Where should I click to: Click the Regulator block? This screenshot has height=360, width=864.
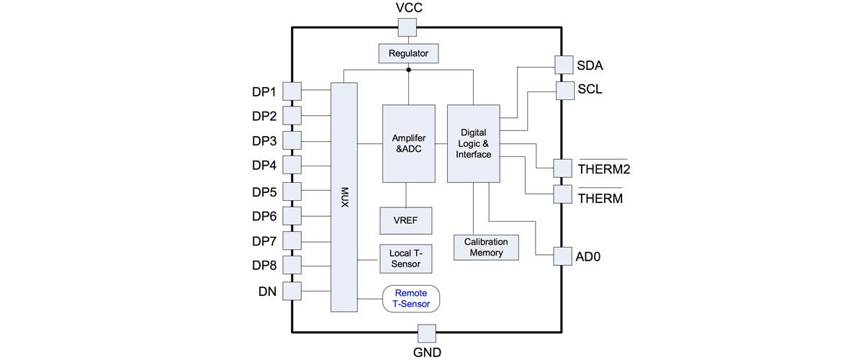408,53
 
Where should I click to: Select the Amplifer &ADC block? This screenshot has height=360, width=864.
409,143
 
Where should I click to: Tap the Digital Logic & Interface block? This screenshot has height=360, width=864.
474,143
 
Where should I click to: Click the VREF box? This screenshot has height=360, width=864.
406,221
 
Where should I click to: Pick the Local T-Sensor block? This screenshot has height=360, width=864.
406,258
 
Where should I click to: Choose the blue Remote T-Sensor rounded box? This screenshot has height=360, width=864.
411,299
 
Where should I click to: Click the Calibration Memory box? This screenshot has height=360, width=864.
486,248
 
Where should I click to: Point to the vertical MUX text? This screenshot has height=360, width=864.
344,197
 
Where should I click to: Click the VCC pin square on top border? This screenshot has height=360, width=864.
408,27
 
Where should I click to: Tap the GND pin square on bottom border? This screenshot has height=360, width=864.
427,333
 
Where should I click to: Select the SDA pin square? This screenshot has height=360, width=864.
564,65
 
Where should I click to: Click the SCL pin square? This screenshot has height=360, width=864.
565,91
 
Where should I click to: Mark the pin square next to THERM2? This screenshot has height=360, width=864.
563,168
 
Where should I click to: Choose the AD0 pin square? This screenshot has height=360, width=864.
563,256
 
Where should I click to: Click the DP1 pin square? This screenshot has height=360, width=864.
292,91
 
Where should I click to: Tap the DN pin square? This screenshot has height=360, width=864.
292,291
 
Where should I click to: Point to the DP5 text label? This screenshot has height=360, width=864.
264,192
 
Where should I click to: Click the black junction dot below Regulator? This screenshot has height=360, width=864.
408,70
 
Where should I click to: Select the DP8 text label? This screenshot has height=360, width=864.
264,266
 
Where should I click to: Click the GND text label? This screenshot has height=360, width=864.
427,352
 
